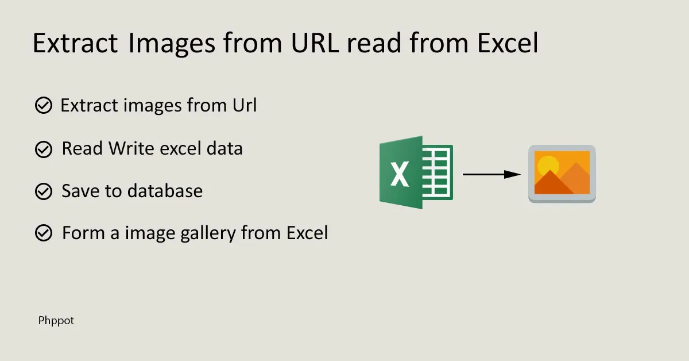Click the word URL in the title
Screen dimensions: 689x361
(315, 43)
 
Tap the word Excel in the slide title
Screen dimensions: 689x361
(508, 43)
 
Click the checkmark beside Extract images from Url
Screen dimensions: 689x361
(44, 105)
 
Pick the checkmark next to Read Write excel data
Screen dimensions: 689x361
(44, 149)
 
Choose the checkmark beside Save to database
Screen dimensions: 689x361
(44, 191)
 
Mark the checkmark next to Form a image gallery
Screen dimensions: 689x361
(44, 233)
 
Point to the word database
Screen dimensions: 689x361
(165, 191)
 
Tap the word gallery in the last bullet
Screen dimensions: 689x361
(208, 233)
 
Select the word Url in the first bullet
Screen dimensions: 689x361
(245, 105)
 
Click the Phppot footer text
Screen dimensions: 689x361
(56, 321)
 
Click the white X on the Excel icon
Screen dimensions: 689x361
(400, 174)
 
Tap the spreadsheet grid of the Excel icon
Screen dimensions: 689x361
(437, 172)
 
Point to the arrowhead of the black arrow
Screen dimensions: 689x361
(512, 174)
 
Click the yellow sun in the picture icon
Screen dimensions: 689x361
(548, 166)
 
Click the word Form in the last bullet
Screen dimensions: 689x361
(83, 233)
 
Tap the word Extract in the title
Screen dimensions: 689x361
(75, 43)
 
